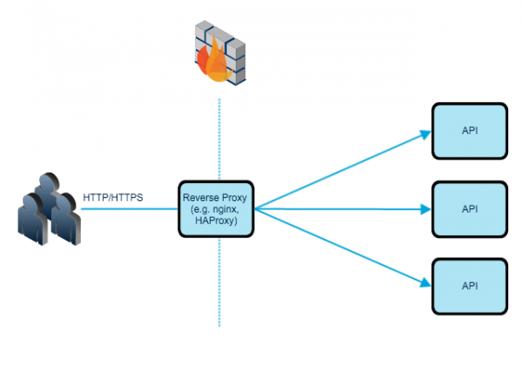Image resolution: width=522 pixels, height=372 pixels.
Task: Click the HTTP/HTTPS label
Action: click(x=113, y=197)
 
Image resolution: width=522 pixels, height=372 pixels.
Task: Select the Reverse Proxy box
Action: click(x=217, y=209)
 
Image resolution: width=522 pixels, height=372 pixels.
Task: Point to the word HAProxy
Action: click(x=217, y=221)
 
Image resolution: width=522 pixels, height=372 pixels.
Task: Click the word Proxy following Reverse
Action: click(x=236, y=198)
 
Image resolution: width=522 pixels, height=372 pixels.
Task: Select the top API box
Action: click(x=470, y=132)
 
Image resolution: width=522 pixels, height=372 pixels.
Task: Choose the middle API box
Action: click(x=470, y=209)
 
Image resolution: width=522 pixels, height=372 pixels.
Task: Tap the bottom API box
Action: click(x=470, y=287)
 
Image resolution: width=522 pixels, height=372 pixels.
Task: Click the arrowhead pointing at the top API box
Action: click(x=425, y=134)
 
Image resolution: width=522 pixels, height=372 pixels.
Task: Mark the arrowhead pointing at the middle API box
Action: click(x=425, y=209)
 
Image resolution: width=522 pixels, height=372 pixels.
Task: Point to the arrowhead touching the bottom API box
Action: click(x=425, y=282)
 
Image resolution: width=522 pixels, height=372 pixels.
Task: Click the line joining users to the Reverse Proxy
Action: click(x=130, y=209)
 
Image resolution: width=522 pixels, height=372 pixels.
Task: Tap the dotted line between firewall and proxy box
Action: click(x=219, y=139)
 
